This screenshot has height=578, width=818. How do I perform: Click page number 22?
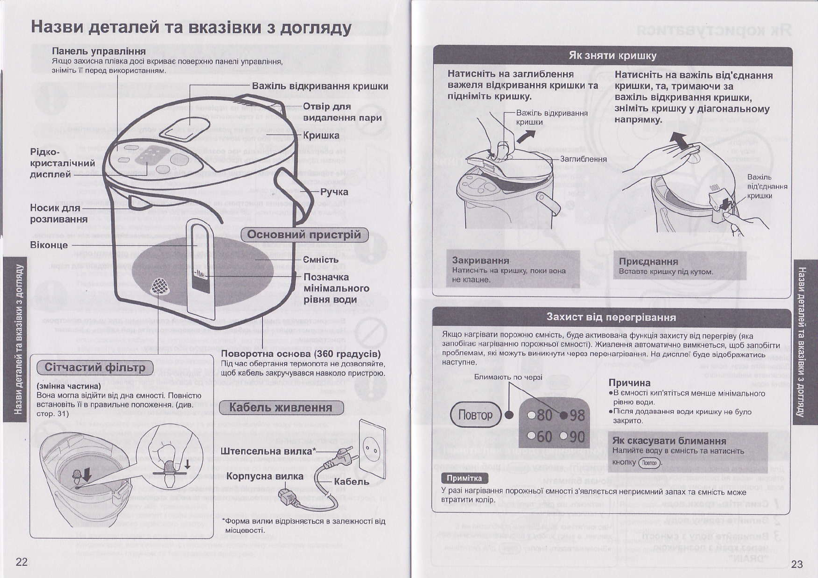pyautogui.click(x=22, y=562)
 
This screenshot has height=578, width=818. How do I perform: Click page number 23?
pyautogui.click(x=797, y=564)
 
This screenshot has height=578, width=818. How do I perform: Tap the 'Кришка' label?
pyautogui.click(x=321, y=136)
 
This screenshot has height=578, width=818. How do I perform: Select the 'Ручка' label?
pyautogui.click(x=334, y=192)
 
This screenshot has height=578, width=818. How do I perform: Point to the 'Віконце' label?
pyautogui.click(x=49, y=245)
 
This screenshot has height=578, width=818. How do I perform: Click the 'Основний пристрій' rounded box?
pyautogui.click(x=304, y=235)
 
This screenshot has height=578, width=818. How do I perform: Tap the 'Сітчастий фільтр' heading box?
pyautogui.click(x=95, y=367)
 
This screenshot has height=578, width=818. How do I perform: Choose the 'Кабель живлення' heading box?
pyautogui.click(x=281, y=408)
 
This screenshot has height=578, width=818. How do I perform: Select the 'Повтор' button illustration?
pyautogui.click(x=475, y=415)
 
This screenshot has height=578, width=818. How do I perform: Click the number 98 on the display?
pyautogui.click(x=577, y=415)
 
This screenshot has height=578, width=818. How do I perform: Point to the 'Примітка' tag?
pyautogui.click(x=464, y=478)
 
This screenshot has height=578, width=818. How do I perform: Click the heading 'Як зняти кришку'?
pyautogui.click(x=612, y=55)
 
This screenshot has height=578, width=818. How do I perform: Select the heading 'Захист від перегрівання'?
pyautogui.click(x=611, y=317)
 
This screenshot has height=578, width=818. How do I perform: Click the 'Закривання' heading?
pyautogui.click(x=481, y=260)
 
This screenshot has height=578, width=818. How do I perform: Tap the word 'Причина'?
pyautogui.click(x=629, y=383)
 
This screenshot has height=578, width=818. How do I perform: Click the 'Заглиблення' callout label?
pyautogui.click(x=583, y=159)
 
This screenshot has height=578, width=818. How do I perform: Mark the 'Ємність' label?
pyautogui.click(x=321, y=260)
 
